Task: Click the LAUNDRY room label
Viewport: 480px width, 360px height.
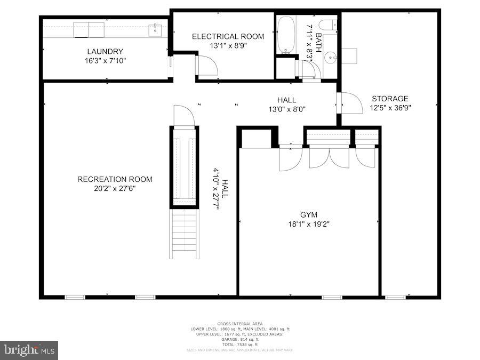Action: point(105,52)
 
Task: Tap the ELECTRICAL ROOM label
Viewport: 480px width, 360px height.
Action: point(228,36)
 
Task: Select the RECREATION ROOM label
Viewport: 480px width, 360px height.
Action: point(115,179)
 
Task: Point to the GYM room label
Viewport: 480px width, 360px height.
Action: point(308,215)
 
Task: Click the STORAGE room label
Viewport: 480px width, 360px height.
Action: point(390,99)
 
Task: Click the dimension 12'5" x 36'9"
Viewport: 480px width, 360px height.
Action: point(390,108)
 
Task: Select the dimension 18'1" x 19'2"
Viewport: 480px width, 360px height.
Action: point(308,224)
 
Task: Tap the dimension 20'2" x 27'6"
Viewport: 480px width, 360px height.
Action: point(115,188)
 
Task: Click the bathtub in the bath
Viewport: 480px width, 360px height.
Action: point(286,35)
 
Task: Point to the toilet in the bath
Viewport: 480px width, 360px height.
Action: point(327,25)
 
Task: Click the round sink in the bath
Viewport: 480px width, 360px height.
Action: point(331,56)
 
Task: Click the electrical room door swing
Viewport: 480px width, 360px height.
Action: point(205,66)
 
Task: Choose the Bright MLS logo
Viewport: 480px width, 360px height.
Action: point(29,350)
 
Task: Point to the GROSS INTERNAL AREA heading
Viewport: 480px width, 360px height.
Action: point(240,324)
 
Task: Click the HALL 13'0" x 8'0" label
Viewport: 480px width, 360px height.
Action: point(286,105)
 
